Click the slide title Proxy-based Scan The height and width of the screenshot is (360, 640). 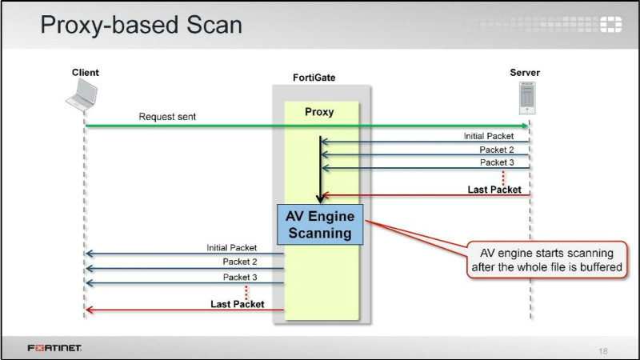coord(141,25)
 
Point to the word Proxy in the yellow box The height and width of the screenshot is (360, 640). coord(319,112)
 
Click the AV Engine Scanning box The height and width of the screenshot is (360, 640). coord(319,225)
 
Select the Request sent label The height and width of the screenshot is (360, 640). coord(167,117)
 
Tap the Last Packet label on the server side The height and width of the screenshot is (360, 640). coord(494,190)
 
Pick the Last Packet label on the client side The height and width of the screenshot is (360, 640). coord(237,304)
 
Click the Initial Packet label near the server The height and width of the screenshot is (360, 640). coord(489,136)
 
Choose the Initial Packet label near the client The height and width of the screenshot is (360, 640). coord(232,248)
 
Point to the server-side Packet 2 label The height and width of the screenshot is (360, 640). coord(497,150)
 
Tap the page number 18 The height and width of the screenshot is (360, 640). coord(603,350)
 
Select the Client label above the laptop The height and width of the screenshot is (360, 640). coord(86,73)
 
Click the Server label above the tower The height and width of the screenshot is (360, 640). coord(525,73)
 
